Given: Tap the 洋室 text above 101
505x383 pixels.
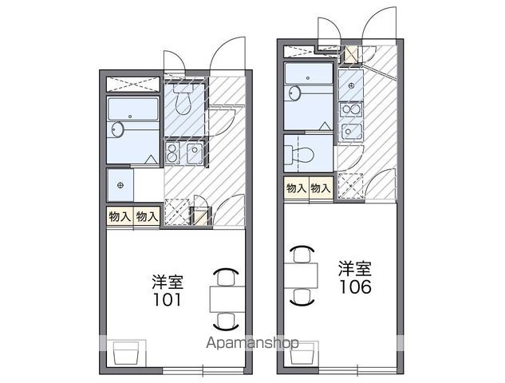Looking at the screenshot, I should pyautogui.click(x=168, y=282).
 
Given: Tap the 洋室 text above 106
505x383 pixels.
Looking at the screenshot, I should pyautogui.click(x=353, y=267).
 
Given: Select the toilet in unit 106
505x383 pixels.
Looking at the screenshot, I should pyautogui.click(x=296, y=152).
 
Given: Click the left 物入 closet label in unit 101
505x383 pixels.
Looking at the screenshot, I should pyautogui.click(x=119, y=216).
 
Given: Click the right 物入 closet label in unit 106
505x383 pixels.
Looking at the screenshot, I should pyautogui.click(x=321, y=188).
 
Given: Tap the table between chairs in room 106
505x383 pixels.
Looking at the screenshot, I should pyautogui.click(x=301, y=277).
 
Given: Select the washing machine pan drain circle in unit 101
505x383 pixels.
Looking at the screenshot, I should pyautogui.click(x=121, y=186).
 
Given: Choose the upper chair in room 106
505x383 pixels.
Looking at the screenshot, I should pyautogui.click(x=301, y=255).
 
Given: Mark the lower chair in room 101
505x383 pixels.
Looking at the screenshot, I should pyautogui.click(x=225, y=321).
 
